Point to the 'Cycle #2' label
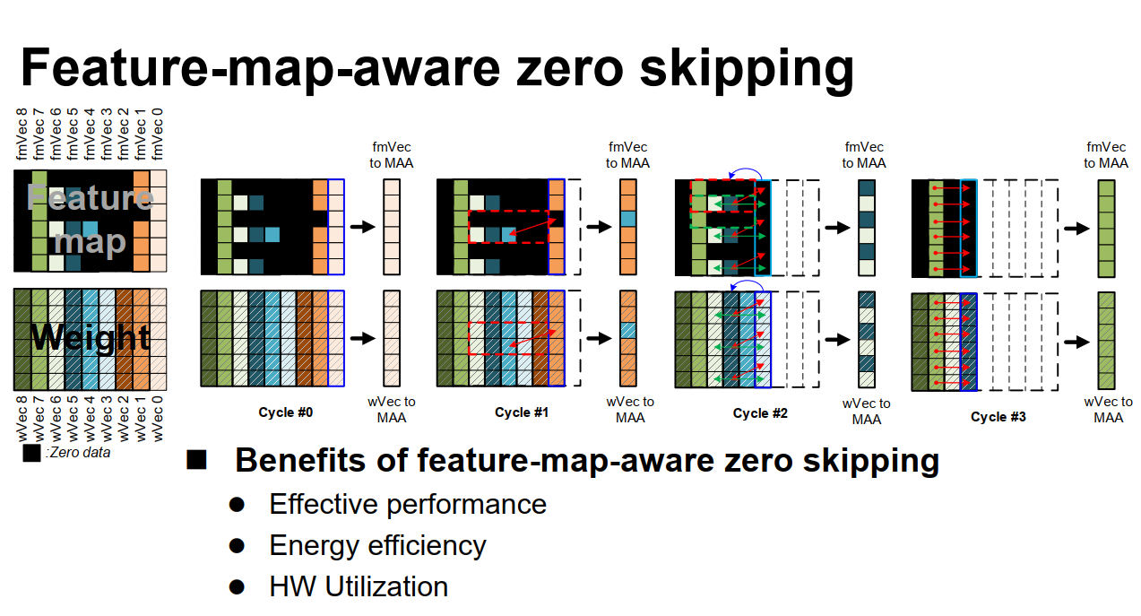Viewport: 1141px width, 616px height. click(760, 413)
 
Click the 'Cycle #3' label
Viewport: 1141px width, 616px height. click(998, 417)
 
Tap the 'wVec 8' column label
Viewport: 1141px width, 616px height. click(22, 419)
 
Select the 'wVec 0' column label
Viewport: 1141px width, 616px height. click(159, 419)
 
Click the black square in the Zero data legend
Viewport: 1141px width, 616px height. click(31, 453)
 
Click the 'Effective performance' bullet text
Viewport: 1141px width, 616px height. click(408, 504)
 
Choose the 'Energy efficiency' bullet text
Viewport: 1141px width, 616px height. click(377, 545)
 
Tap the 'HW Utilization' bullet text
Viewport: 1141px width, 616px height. click(359, 586)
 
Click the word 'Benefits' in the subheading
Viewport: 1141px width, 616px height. click(297, 460)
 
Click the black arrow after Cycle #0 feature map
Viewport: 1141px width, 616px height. click(362, 227)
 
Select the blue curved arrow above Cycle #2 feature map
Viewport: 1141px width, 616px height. click(746, 173)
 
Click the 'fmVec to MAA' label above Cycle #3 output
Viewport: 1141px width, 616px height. click(1105, 155)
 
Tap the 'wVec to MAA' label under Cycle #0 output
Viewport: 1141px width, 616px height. click(391, 410)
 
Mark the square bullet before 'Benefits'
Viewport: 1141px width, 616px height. click(196, 461)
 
